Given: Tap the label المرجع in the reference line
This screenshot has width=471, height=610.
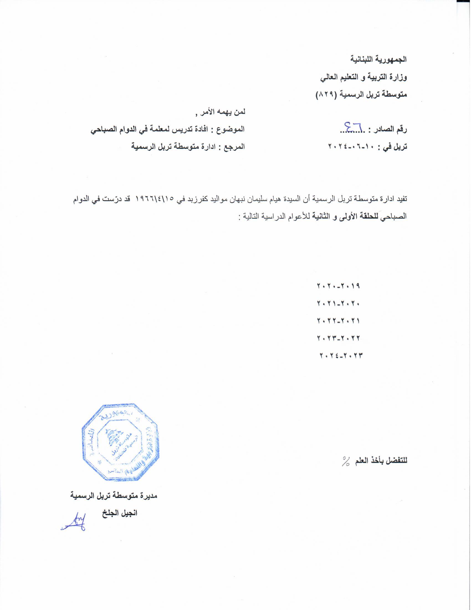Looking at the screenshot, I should tap(234, 146).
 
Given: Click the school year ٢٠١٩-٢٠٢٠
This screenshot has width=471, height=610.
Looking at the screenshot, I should tap(338, 286).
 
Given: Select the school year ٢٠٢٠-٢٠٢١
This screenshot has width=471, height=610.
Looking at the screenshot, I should tap(338, 303).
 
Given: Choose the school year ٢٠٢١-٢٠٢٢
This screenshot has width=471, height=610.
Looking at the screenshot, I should tap(338, 321).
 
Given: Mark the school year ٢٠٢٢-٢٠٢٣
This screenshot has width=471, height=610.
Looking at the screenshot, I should tap(338, 338).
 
